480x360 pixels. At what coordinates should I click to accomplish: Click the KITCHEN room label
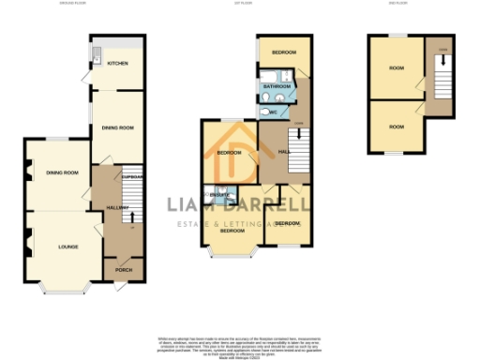(x=117, y=64)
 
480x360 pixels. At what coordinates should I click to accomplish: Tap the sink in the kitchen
(x=96, y=61)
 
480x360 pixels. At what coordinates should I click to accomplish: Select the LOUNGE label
(x=67, y=247)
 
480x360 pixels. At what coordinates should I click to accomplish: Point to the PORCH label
(x=124, y=270)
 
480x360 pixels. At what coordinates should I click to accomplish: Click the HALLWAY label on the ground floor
(x=117, y=207)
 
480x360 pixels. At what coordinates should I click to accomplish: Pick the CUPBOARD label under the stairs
(x=132, y=176)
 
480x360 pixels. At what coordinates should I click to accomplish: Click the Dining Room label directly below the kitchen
(x=117, y=127)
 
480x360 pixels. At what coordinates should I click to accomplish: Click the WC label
(x=273, y=111)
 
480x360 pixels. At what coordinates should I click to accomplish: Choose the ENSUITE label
(x=219, y=194)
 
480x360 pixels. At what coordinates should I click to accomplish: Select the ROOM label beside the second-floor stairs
(x=397, y=67)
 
